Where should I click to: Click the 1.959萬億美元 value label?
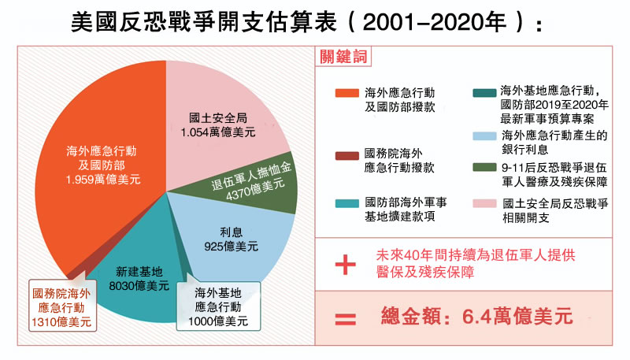click(x=103, y=180)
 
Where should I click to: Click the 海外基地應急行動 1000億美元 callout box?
click(x=220, y=307)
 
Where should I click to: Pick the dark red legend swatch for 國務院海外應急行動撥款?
click(x=346, y=154)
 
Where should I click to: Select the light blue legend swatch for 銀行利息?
click(x=484, y=136)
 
